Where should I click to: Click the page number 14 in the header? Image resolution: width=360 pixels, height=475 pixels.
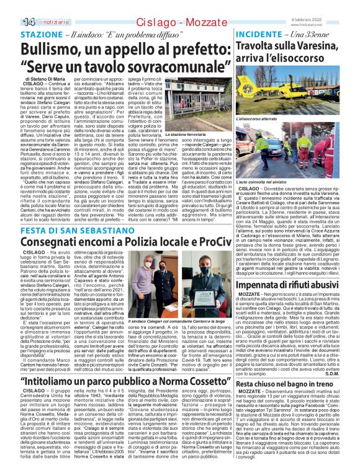pyautogui.click(x=12, y=22)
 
